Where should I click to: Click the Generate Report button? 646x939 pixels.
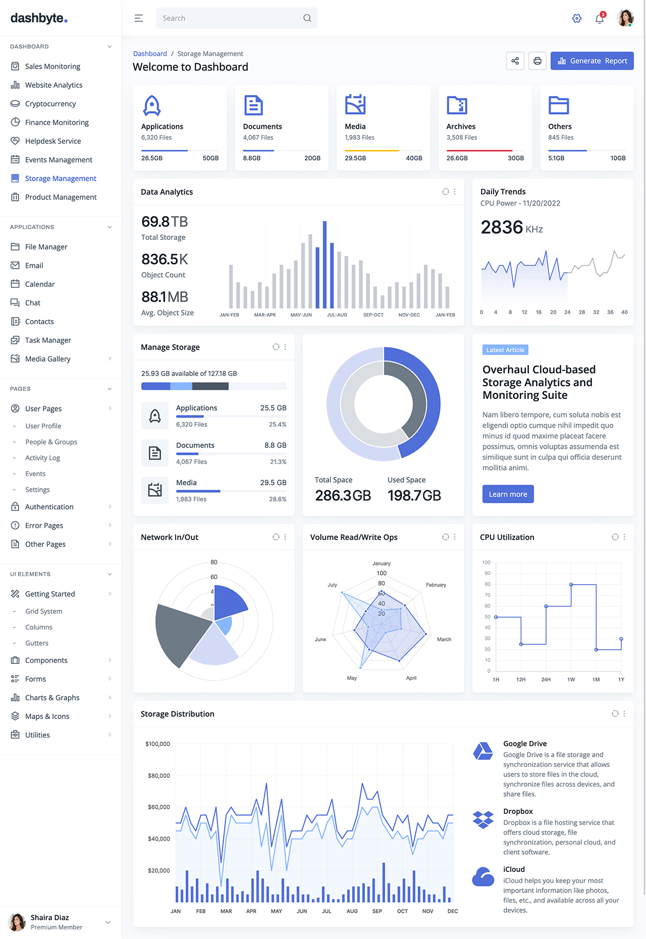[592, 61]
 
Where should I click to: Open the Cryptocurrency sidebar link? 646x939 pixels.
[50, 104]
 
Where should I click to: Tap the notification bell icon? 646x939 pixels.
[599, 19]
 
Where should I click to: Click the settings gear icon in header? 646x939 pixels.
[577, 19]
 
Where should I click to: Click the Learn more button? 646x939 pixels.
[508, 494]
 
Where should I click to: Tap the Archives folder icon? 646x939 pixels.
[457, 106]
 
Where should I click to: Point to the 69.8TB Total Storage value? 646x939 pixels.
[165, 222]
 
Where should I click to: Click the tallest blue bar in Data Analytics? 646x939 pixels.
[325, 265]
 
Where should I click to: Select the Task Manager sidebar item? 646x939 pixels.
[48, 340]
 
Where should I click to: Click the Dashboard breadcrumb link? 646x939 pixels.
[150, 54]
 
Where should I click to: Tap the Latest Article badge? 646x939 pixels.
[505, 350]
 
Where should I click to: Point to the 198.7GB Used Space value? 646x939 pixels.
[414, 496]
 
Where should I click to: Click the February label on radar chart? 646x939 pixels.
[436, 585]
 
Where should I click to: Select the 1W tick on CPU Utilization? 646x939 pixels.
[571, 680]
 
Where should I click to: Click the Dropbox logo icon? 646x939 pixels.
[483, 819]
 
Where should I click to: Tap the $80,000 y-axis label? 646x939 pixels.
[159, 776]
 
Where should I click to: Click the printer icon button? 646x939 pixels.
[537, 61]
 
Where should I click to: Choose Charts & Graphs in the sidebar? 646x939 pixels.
[52, 698]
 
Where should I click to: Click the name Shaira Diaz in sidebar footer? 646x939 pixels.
[49, 918]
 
